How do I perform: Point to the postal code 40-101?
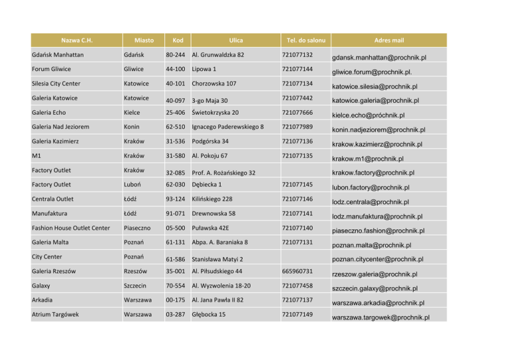[x=174, y=84]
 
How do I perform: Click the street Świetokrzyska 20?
[x=215, y=113]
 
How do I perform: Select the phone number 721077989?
[x=296, y=127]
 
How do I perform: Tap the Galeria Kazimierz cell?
[x=57, y=142]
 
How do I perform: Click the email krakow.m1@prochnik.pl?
[x=368, y=158]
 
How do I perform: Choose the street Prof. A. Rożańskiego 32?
[x=224, y=172]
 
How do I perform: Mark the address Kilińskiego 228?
[x=218, y=200]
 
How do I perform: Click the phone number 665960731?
[x=296, y=272]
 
